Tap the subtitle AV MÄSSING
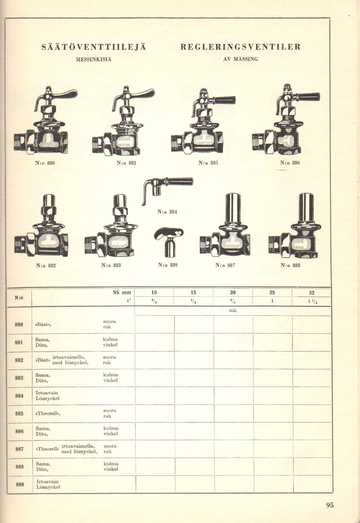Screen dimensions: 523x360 tap(241, 59)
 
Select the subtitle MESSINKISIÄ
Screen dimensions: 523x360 tap(94, 60)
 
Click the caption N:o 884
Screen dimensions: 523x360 tap(167, 212)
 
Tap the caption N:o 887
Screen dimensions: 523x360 tap(225, 265)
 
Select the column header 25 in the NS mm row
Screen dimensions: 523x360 tap(272, 293)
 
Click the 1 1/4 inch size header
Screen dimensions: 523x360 tap(312, 301)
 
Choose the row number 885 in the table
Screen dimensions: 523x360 tap(19, 413)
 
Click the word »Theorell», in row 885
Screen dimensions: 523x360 tap(48, 413)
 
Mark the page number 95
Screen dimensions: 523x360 tap(330, 505)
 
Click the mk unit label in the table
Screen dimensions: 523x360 tap(233, 311)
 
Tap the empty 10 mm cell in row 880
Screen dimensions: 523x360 tap(155, 325)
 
